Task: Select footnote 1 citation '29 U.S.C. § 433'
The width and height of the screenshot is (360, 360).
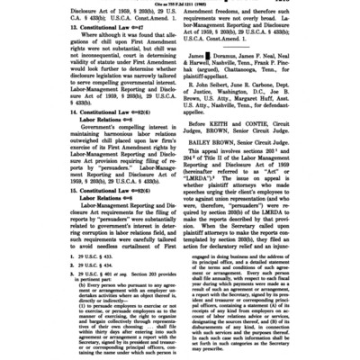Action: click(x=89, y=267)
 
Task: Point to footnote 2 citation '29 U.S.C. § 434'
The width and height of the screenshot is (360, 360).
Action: click(x=89, y=274)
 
